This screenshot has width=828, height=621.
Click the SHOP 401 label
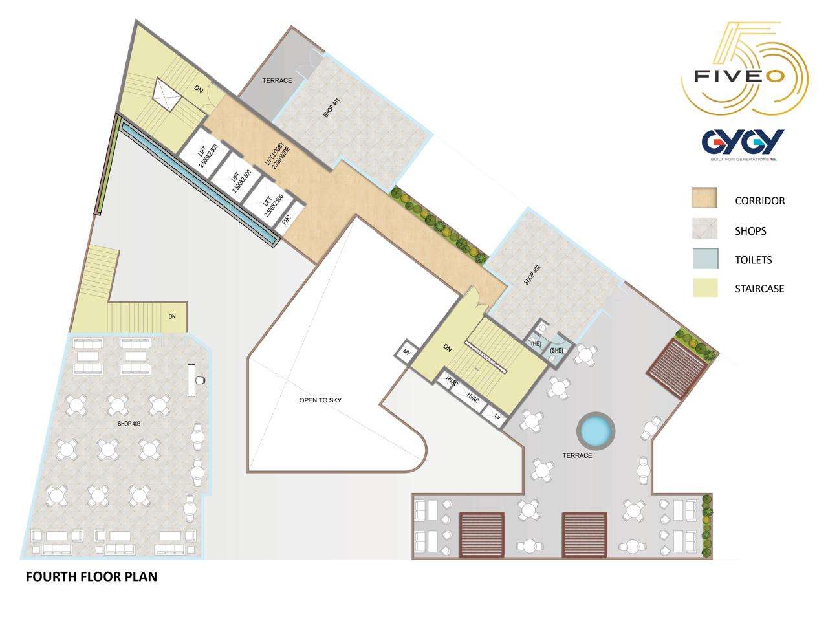coord(332,107)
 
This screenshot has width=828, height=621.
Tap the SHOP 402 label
coord(532,275)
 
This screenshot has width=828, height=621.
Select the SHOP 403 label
coord(129,424)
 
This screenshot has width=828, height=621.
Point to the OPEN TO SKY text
coord(320,400)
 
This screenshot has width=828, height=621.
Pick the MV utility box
coord(406,352)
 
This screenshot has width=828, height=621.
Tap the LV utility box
coord(496,416)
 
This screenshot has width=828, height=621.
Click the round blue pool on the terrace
coord(596,431)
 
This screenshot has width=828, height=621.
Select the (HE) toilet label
coord(536,343)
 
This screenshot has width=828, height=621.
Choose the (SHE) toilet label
coord(556,350)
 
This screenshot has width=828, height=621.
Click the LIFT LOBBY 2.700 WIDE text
coord(278,155)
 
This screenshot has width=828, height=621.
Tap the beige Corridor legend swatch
coord(704,197)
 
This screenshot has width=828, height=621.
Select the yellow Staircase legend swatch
coord(705,288)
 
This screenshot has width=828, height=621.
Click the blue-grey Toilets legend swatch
coord(705,259)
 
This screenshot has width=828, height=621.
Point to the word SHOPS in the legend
coord(750,231)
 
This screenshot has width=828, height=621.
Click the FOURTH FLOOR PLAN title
coord(91,576)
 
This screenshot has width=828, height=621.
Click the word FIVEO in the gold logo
coord(739,76)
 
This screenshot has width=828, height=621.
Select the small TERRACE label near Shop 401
coord(277,80)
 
